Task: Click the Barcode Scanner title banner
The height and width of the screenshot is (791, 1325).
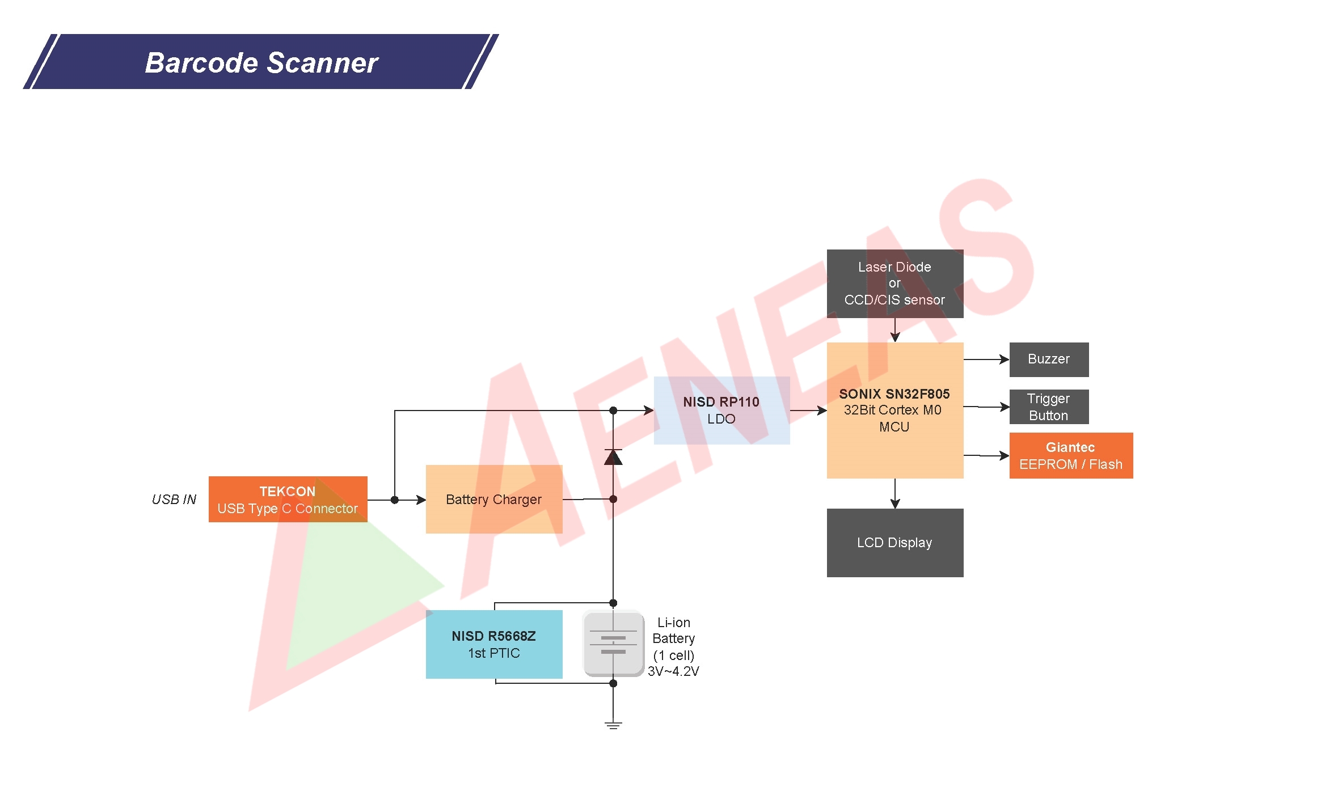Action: click(261, 62)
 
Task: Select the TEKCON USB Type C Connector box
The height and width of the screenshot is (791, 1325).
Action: click(288, 500)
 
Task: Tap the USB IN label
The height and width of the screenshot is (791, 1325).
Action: click(174, 500)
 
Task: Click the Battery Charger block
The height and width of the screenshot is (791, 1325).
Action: click(493, 500)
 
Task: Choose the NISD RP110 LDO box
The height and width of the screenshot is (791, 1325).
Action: click(721, 411)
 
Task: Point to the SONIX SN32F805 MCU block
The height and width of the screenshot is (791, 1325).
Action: click(894, 411)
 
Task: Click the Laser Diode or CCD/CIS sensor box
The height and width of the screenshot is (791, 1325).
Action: click(894, 284)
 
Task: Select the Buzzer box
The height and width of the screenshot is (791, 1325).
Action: click(1049, 359)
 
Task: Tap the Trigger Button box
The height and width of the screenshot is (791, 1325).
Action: click(1049, 407)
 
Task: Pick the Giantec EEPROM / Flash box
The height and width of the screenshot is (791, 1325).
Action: click(1071, 456)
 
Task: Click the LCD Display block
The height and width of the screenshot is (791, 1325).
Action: click(894, 543)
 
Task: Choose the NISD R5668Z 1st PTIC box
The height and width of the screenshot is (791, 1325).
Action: click(493, 644)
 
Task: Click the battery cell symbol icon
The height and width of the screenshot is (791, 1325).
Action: click(613, 644)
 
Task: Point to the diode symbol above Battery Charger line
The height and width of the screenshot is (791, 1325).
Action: click(613, 457)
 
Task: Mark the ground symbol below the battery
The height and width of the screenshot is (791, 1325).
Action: click(613, 725)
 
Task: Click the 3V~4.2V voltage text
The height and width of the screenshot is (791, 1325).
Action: click(673, 671)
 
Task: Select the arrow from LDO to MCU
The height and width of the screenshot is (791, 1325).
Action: click(808, 411)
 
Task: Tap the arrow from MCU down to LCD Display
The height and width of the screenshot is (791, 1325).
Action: click(895, 494)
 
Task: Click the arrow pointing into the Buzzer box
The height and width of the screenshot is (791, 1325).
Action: click(987, 359)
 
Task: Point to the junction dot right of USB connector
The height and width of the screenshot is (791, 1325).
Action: click(395, 500)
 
